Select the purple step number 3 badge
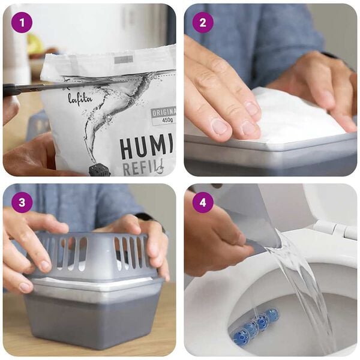tap(22, 202)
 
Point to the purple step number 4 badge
tap(203, 202)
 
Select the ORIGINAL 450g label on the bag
tap(163, 116)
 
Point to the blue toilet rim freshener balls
tap(255, 325)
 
